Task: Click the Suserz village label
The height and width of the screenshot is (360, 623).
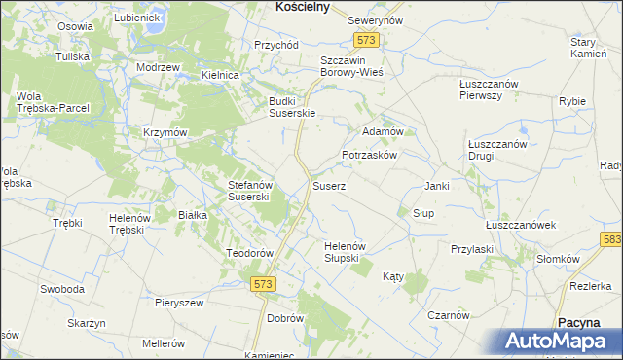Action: point(327,185)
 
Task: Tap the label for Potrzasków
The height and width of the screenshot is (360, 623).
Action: point(369,156)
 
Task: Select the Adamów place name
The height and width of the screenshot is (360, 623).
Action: point(382,130)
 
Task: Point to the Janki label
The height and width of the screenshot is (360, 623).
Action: point(436,186)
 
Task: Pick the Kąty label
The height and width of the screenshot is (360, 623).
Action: point(392,277)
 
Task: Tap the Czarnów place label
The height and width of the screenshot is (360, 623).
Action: point(449,315)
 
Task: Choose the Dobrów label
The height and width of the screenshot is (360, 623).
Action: point(285,318)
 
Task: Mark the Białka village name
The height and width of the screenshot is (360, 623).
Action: point(192,215)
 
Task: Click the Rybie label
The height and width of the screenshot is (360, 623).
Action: point(571,101)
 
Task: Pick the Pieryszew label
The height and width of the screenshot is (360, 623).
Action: point(179,303)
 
